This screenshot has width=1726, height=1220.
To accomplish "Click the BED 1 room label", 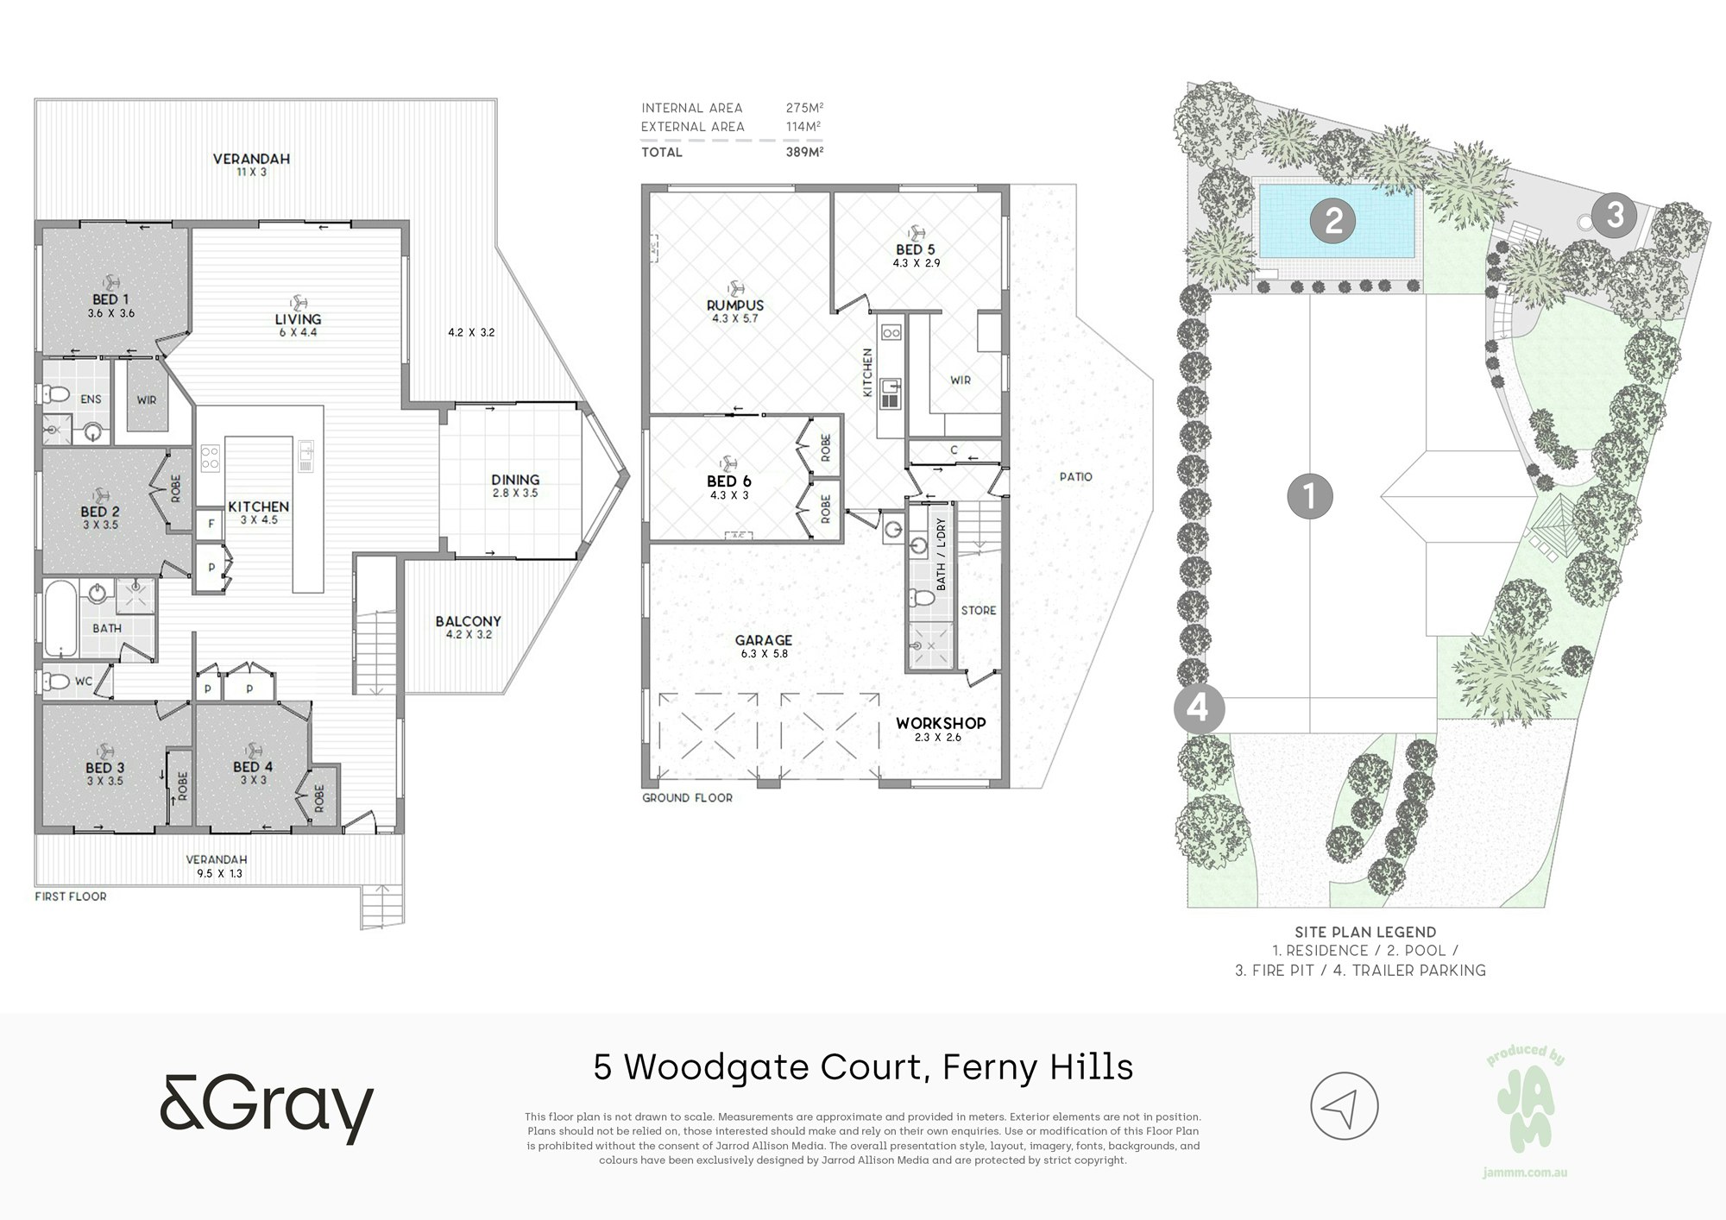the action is coord(105,299).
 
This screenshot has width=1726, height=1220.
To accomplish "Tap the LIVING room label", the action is coord(298,319).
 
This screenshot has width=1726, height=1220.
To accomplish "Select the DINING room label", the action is coord(515,480).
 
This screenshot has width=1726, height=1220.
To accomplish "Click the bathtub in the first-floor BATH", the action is coord(60,618).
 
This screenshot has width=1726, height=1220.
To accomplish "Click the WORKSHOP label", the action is coord(941,723).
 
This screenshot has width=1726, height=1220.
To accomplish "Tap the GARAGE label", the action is coord(764,640).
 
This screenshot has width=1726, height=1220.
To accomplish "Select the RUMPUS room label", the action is coord(735,305).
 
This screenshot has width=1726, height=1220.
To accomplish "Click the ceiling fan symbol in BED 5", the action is coord(916,232).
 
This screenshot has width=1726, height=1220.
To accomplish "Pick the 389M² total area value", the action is coord(804,152).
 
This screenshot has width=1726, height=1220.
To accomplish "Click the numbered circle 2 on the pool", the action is coord(1333,221).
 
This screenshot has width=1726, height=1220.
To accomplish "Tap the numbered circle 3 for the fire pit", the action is coord(1614,214).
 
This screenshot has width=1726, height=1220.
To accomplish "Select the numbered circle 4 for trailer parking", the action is coord(1198,709).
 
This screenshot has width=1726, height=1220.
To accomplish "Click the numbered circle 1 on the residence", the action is coord(1310,496).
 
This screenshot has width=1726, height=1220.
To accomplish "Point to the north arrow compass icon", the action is coord(1345,1107).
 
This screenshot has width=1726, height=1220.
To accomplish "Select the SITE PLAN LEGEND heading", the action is coord(1365,932).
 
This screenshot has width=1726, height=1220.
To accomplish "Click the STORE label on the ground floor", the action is coord(979,610).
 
